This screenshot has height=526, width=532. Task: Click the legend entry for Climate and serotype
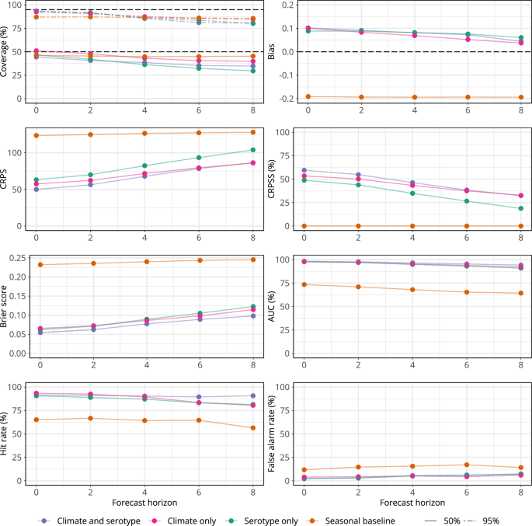click(x=88, y=520)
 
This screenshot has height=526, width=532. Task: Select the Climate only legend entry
click(x=186, y=520)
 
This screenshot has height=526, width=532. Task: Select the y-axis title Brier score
click(x=6, y=306)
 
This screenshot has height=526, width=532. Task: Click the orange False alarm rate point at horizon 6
click(x=467, y=465)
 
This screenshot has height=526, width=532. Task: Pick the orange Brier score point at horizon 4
click(x=144, y=261)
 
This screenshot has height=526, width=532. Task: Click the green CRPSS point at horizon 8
click(x=520, y=208)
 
